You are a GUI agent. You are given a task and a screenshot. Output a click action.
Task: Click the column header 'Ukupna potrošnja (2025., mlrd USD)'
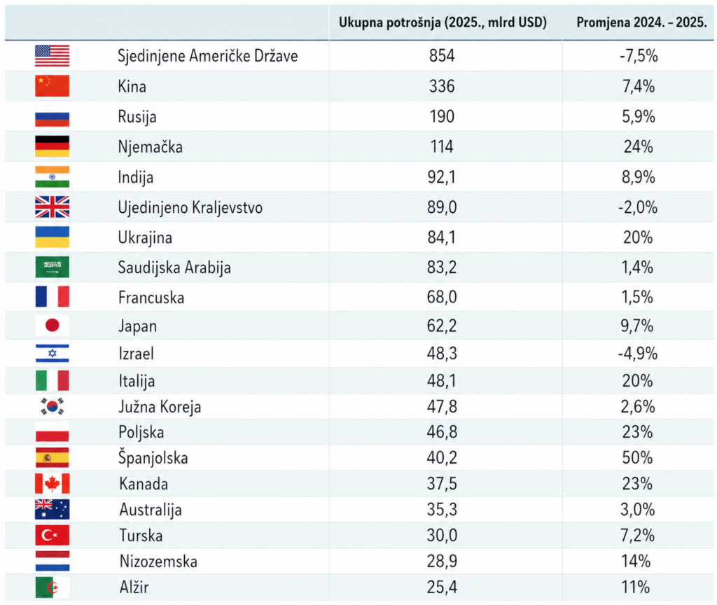[x=443, y=22]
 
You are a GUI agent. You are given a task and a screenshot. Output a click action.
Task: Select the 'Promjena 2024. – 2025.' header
[x=641, y=22]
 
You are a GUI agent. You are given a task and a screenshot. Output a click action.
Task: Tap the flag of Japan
[x=53, y=326]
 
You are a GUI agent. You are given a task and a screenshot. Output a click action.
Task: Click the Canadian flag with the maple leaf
[x=53, y=484]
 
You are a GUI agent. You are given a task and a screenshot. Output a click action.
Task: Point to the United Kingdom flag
[x=53, y=207]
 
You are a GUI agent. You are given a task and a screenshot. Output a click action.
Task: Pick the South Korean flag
[x=53, y=406]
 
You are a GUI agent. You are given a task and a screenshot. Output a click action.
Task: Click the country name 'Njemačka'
[x=151, y=147]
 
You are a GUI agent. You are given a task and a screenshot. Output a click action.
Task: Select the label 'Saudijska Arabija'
[x=174, y=267]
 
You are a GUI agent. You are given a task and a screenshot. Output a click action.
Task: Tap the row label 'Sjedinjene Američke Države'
[x=208, y=56]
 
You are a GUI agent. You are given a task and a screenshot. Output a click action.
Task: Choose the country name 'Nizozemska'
[x=158, y=562]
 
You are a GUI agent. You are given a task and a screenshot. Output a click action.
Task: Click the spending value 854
[x=442, y=56]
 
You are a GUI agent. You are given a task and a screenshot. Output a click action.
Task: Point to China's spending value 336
[x=442, y=87]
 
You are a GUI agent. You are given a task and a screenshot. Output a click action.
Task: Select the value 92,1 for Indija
[x=442, y=177]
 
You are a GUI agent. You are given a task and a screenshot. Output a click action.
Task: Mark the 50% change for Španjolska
[x=637, y=458]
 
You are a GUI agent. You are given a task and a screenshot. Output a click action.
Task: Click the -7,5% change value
[x=637, y=56]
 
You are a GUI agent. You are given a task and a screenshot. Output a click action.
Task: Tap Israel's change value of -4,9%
[x=637, y=354]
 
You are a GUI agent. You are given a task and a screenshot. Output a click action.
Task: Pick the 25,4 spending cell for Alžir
[x=442, y=587]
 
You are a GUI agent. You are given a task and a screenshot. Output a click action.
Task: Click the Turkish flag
[x=53, y=536]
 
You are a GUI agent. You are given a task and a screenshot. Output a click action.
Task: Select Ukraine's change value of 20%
[x=637, y=237]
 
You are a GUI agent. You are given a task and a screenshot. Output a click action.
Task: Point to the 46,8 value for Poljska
[x=442, y=432]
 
